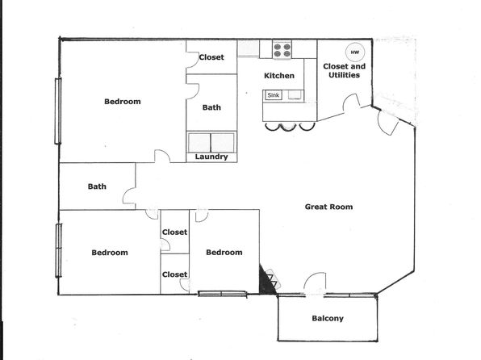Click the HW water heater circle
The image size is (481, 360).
(x=355, y=52)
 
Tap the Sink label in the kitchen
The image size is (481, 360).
(x=273, y=95)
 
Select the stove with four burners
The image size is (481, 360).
(x=282, y=50)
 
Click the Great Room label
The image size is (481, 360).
(x=328, y=207)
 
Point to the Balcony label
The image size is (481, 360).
(x=328, y=318)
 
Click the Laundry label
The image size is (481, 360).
(x=211, y=157)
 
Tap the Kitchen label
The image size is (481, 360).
(x=279, y=76)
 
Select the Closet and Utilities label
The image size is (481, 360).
(x=344, y=70)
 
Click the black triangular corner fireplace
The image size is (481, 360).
(x=267, y=280)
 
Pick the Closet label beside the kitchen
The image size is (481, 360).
(x=211, y=57)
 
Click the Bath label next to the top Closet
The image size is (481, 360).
(x=211, y=107)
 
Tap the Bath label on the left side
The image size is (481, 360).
(x=97, y=186)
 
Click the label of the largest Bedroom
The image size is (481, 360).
(x=123, y=102)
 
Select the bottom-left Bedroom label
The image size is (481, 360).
(x=110, y=253)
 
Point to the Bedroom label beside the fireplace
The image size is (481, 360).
(x=224, y=253)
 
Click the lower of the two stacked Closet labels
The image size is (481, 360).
(x=174, y=274)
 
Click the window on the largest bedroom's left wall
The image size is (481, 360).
(x=58, y=111)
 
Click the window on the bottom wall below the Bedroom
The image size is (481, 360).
(x=222, y=294)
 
